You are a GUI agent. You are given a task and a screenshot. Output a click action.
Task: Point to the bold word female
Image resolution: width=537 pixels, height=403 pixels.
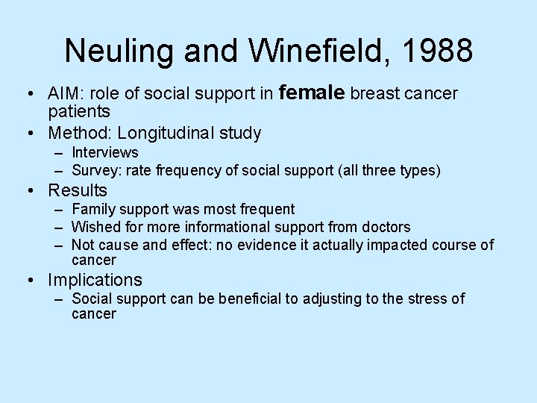pyautogui.click(x=311, y=93)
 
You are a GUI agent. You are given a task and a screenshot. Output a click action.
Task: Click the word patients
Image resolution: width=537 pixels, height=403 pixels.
pyautogui.click(x=79, y=112)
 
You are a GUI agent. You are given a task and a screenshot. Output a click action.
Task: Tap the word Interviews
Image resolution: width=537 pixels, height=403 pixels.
pyautogui.click(x=105, y=153)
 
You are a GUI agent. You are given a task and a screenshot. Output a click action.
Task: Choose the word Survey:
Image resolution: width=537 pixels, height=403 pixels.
pyautogui.click(x=96, y=171)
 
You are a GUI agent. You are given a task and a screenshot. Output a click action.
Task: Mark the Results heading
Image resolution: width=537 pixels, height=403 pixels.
pyautogui.click(x=78, y=190)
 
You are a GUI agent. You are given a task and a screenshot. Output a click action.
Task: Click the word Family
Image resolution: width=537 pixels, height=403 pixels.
pyautogui.click(x=92, y=210)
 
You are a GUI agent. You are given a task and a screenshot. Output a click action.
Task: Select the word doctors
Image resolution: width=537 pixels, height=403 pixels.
pyautogui.click(x=385, y=227)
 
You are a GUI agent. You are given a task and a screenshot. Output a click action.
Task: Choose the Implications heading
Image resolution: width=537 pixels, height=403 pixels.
pyautogui.click(x=95, y=280)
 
